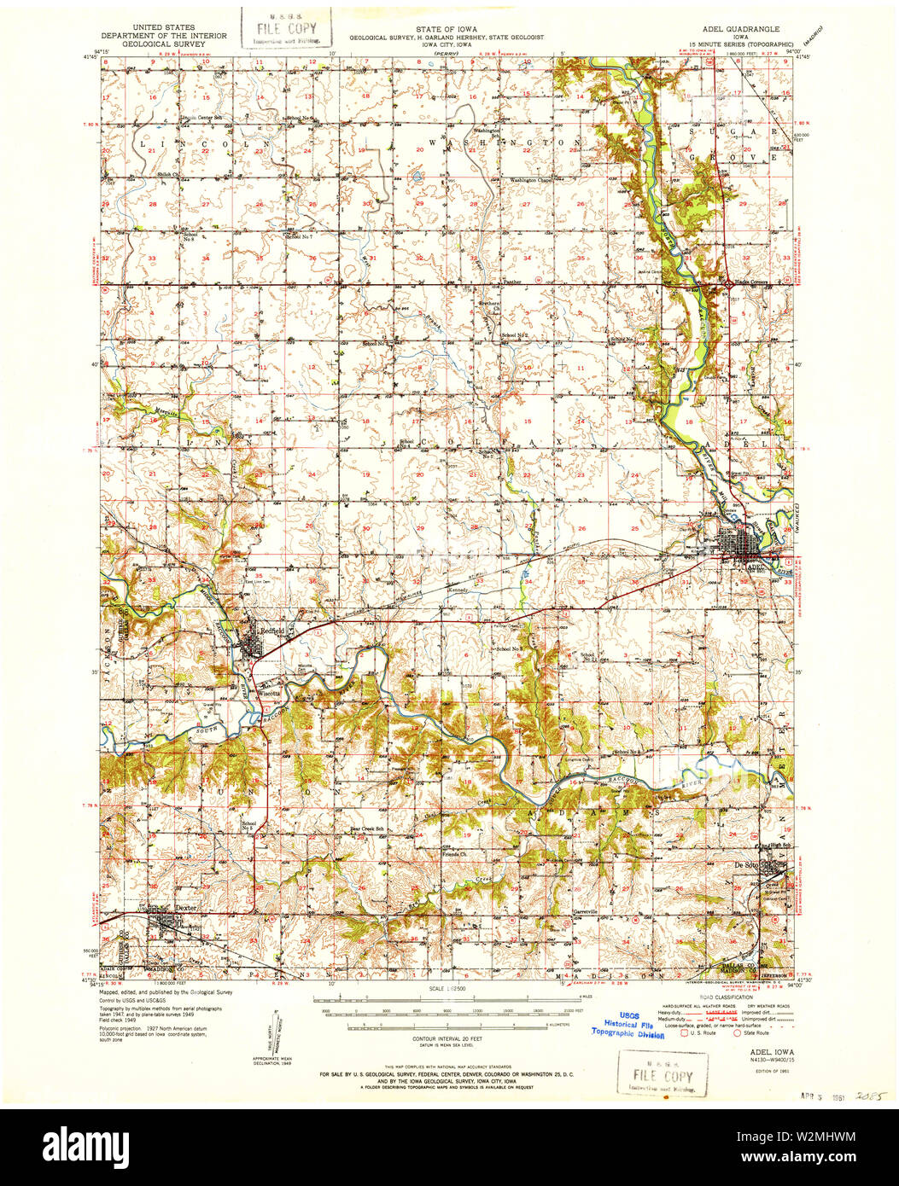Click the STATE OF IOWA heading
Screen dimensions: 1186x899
[x=446, y=27]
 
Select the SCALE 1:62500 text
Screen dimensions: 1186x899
[x=447, y=989]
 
